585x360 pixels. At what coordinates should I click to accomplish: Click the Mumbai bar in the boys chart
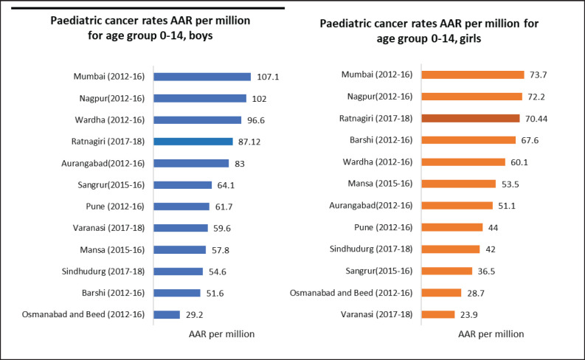point(201,77)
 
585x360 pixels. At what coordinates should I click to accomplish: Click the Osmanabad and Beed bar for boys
point(166,314)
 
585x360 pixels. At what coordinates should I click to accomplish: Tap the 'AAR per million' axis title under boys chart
point(222,333)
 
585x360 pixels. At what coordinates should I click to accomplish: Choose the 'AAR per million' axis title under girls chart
point(491,333)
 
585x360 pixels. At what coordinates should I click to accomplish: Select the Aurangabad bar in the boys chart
point(191,163)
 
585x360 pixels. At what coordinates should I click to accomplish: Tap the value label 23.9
point(471,314)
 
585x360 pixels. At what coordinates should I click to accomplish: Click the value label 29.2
point(195,314)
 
